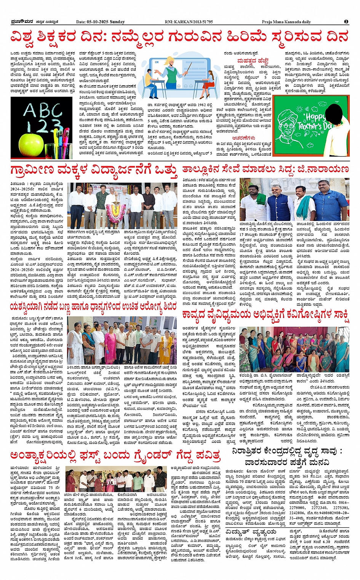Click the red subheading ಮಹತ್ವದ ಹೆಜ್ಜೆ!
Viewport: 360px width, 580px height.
253,61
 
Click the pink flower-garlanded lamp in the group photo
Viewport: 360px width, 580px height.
113,211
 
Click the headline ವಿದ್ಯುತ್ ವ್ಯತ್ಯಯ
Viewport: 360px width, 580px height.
251,532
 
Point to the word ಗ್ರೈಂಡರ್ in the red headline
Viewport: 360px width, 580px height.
150,455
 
